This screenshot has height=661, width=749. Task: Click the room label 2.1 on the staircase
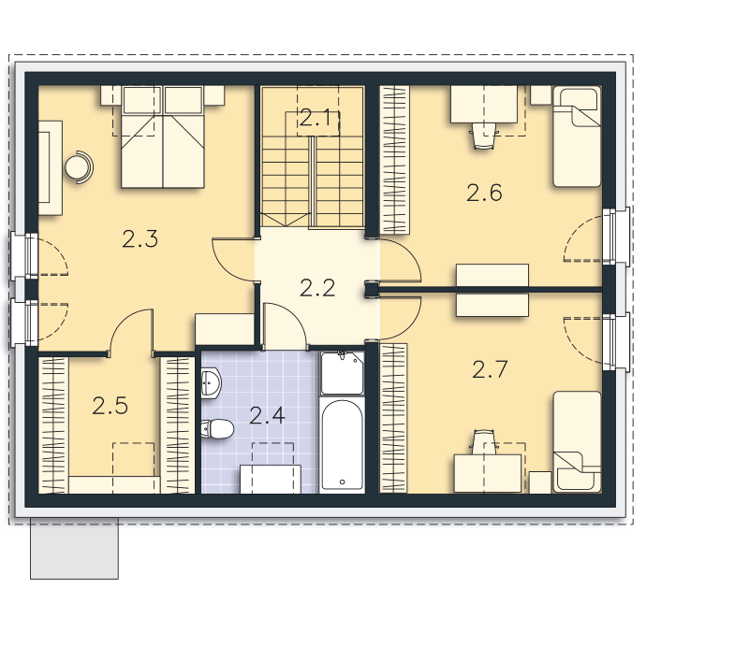click(x=316, y=118)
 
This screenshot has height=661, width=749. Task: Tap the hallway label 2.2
click(x=317, y=288)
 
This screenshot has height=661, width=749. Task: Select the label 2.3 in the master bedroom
click(x=140, y=239)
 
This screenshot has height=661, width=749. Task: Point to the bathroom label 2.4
click(x=267, y=415)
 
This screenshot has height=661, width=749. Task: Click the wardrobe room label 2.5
click(x=110, y=406)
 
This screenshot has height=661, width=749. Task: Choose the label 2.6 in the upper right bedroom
click(x=484, y=194)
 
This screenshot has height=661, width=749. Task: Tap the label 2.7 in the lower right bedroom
click(x=490, y=369)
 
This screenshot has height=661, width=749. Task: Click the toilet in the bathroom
click(x=217, y=429)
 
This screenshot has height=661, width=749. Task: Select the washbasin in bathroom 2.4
click(x=211, y=382)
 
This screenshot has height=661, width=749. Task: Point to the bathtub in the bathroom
click(x=342, y=444)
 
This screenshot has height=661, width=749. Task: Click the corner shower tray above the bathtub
click(x=342, y=373)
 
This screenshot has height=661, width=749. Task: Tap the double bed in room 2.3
click(x=163, y=137)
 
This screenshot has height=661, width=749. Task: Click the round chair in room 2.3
click(x=79, y=167)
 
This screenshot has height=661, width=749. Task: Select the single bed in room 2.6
click(x=577, y=137)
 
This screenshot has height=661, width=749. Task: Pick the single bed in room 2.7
click(x=577, y=441)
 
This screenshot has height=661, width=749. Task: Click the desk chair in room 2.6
click(x=484, y=136)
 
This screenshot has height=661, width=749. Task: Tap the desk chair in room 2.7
click(x=484, y=441)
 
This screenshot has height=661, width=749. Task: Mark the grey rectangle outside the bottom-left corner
click(x=75, y=549)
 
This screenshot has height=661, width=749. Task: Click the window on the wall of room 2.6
click(x=617, y=236)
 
